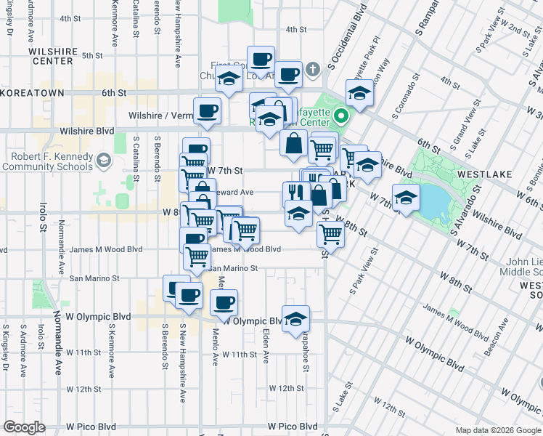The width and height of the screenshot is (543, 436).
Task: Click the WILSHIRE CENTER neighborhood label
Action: point(52,57)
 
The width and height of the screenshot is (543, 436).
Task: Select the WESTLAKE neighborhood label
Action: point(484,174)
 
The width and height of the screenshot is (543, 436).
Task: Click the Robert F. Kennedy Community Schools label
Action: point(48,161)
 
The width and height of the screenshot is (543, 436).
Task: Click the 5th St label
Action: point(92,55)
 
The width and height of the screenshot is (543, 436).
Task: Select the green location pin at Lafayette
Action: point(340,114)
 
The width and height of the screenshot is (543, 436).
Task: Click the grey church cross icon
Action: point(313,70)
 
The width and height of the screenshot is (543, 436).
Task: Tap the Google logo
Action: point(24,427)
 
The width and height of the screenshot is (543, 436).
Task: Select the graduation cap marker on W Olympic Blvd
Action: point(295,318)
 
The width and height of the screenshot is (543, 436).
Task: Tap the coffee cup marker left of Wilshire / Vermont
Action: point(208,110)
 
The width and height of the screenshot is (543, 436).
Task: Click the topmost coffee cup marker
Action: point(261,59)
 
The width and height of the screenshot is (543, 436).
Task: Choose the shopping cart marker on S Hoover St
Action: point(330,233)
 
